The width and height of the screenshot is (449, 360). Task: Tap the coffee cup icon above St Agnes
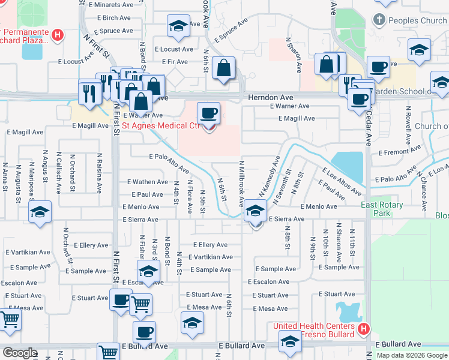(209, 113)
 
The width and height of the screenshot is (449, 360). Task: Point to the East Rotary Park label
(382, 209)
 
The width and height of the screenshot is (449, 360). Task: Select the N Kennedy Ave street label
(270, 176)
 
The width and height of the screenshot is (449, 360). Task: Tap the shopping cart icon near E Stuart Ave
(140, 304)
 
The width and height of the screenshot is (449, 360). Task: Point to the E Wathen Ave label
(148, 182)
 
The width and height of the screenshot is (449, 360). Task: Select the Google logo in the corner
(20, 353)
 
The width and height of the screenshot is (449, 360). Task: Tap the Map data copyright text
(412, 355)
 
